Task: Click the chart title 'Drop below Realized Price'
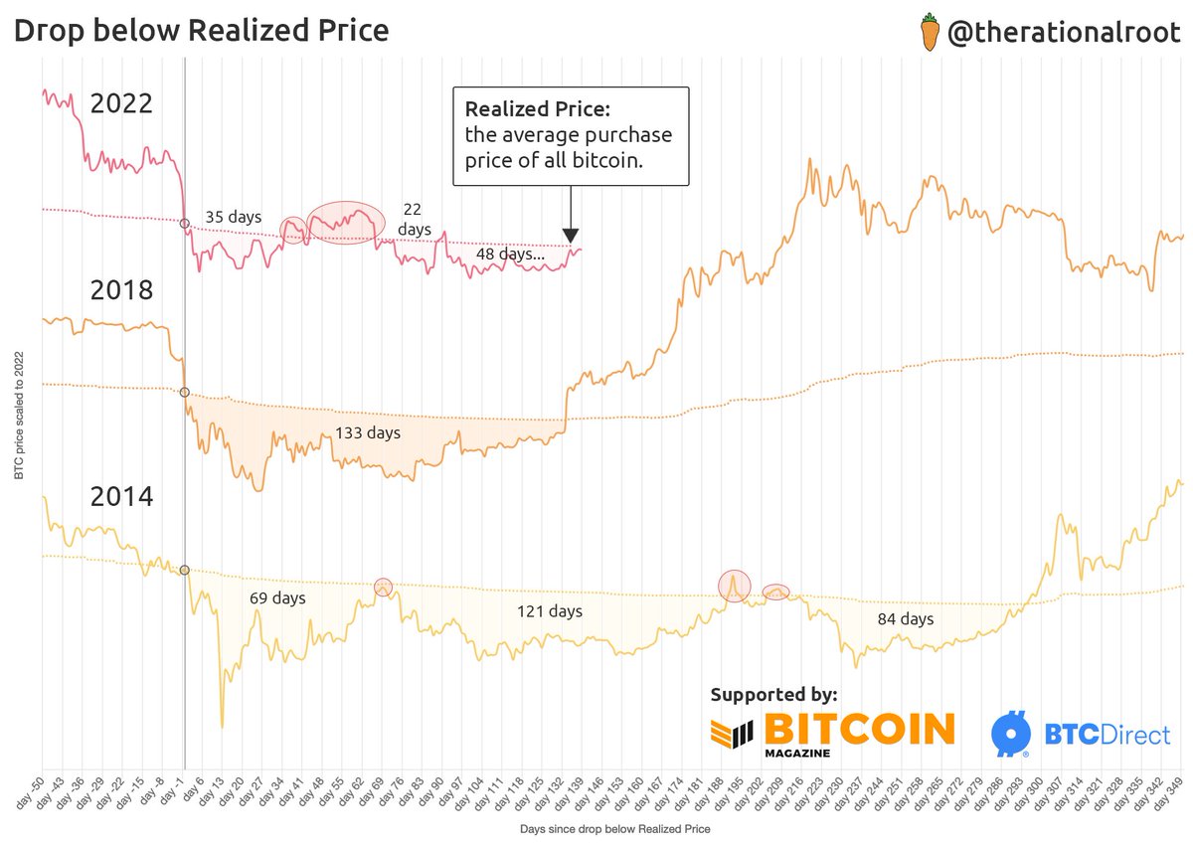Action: tap(200, 31)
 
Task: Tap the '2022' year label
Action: tap(121, 103)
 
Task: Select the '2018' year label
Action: tap(121, 290)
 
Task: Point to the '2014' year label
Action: tap(121, 496)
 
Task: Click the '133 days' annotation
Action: tap(368, 433)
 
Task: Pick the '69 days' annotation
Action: tap(276, 598)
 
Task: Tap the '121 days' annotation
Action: tap(550, 611)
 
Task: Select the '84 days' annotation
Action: tap(905, 619)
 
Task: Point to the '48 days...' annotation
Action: tap(510, 255)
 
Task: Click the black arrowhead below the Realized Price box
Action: tap(571, 236)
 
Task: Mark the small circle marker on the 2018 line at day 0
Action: tap(185, 393)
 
